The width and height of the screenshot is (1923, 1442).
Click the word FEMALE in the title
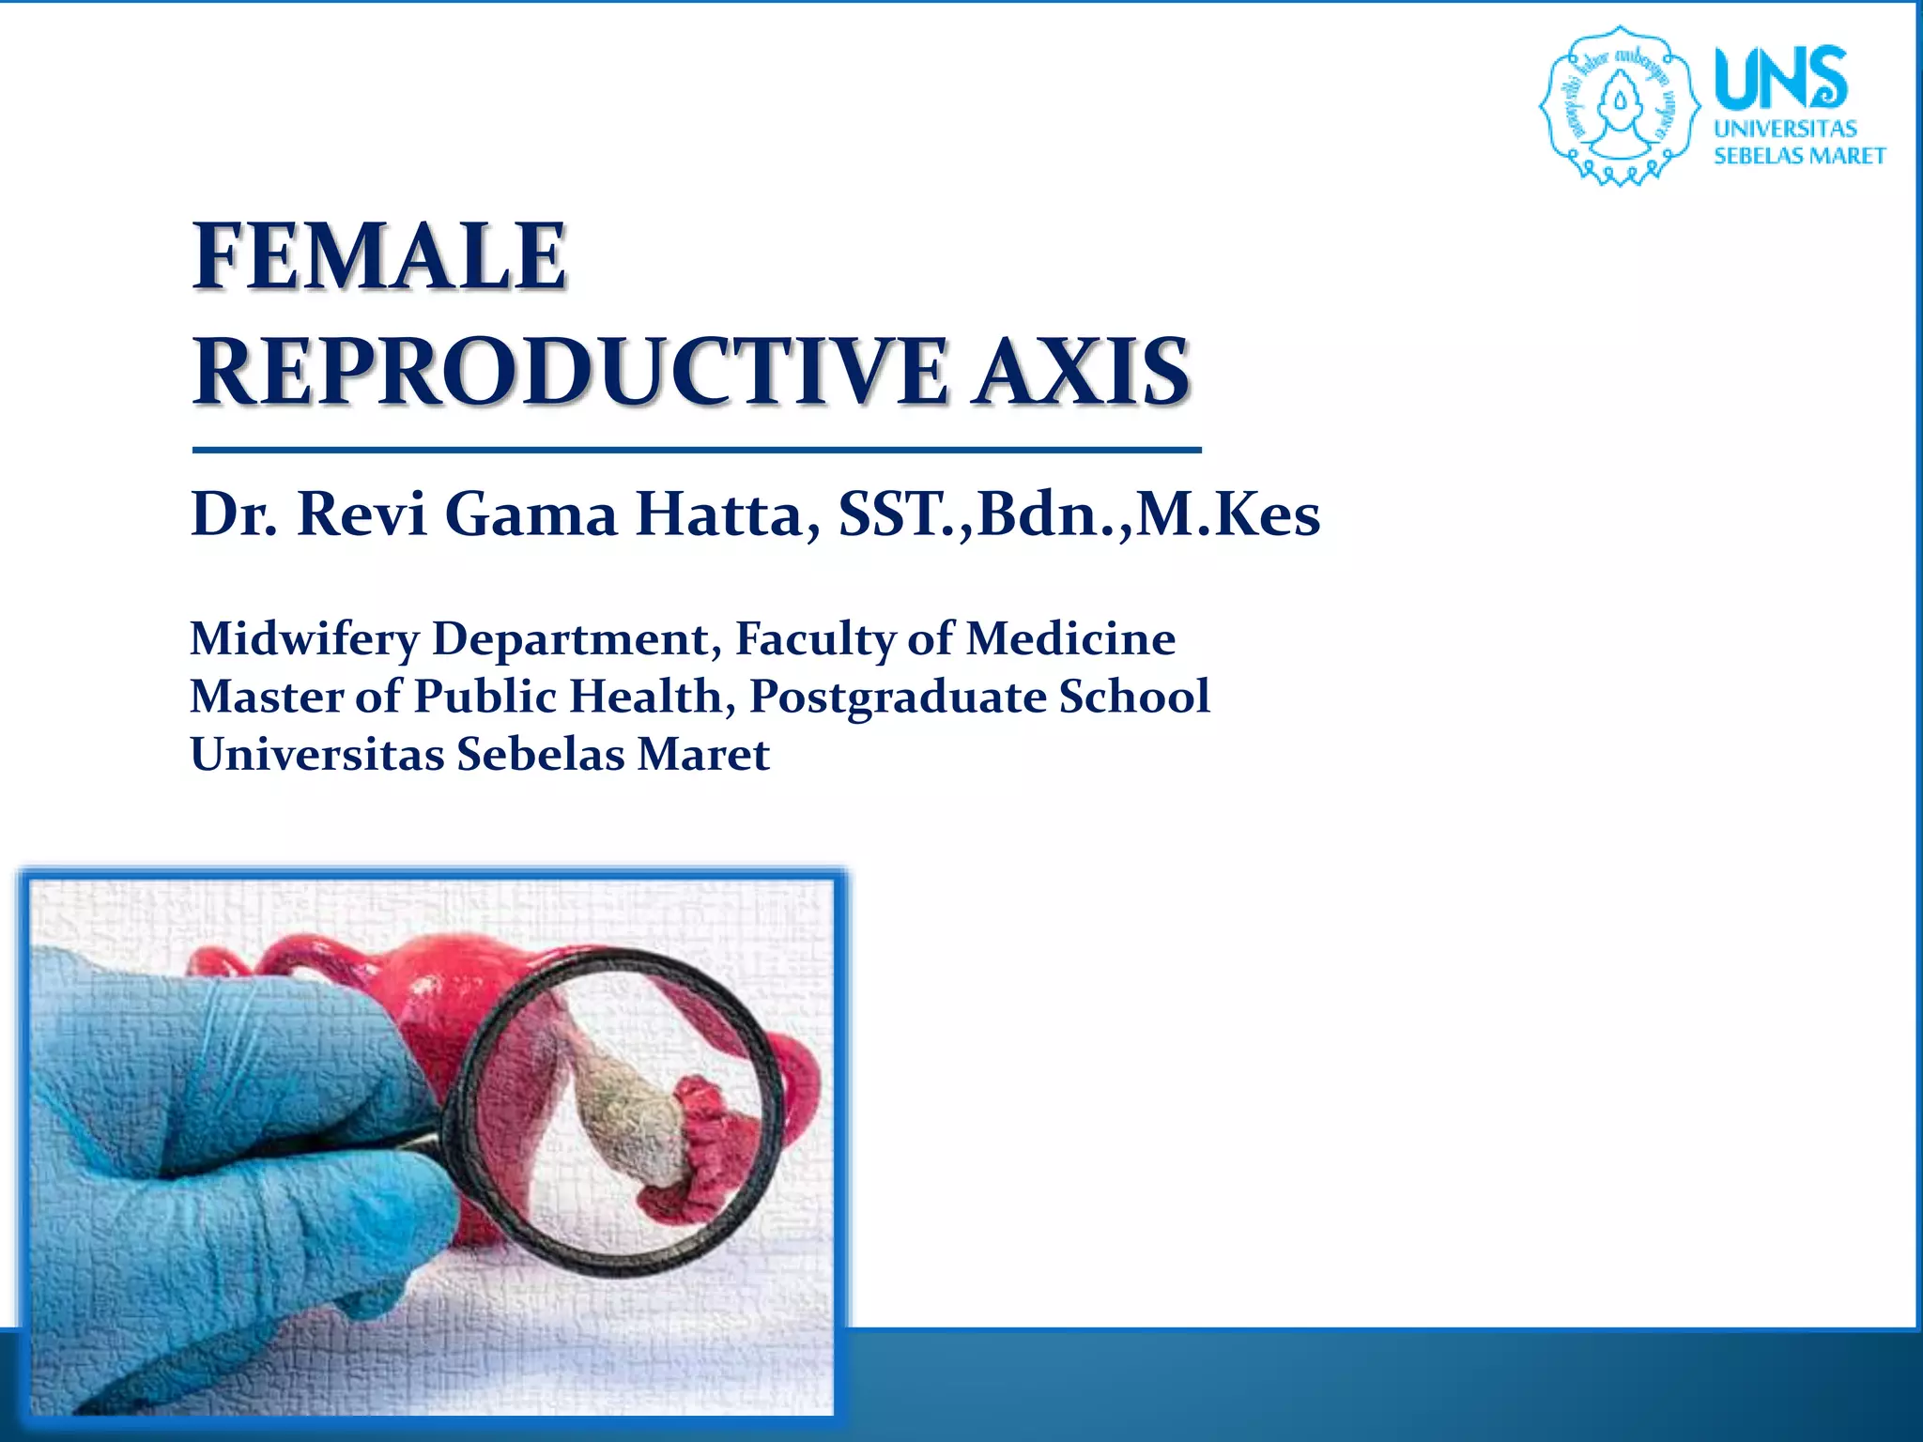(x=379, y=255)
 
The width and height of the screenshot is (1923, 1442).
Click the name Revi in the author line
(x=362, y=514)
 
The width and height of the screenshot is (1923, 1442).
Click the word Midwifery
(x=304, y=640)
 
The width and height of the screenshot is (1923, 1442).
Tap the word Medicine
(x=1070, y=639)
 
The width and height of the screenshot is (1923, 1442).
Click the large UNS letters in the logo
(x=1780, y=79)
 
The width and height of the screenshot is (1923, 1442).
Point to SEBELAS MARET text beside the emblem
(x=1799, y=156)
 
